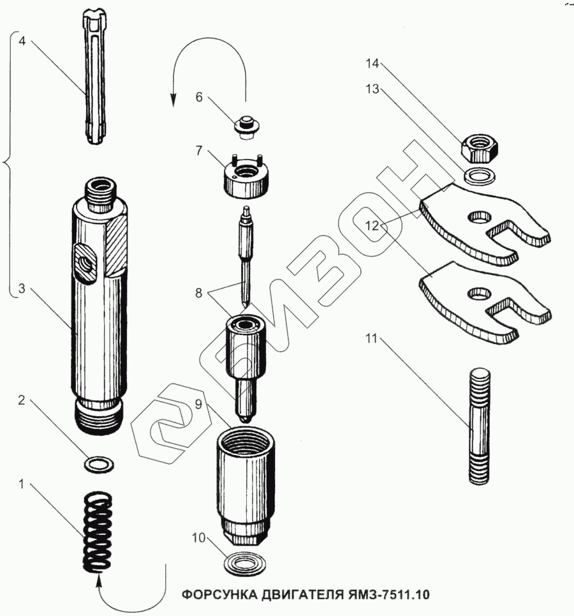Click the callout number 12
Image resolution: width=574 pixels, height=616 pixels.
(372, 225)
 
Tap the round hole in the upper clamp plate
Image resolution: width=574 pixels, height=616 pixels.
(479, 218)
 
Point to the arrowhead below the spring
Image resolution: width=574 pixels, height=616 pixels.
(99, 579)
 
